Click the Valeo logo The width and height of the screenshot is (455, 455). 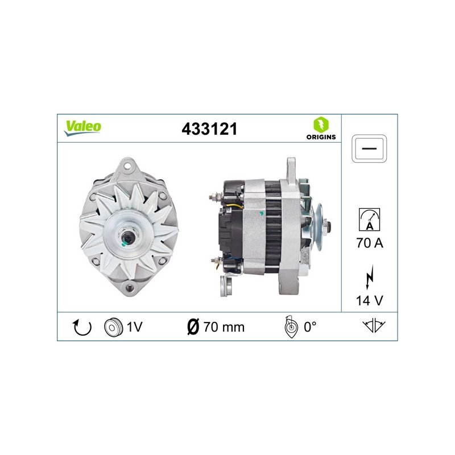tap(82, 128)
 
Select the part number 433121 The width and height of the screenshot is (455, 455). tap(209, 129)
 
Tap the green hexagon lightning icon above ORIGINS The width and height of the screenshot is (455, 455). tap(321, 125)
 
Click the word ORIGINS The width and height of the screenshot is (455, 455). tap(321, 137)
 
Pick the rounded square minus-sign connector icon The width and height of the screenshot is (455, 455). tap(369, 148)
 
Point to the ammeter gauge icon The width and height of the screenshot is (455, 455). tap(369, 220)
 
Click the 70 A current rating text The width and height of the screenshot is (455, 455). tap(370, 243)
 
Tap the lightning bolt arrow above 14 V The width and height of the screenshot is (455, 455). tap(369, 277)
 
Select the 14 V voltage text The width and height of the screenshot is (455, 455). tap(369, 300)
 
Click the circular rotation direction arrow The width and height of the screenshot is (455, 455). tap(82, 328)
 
